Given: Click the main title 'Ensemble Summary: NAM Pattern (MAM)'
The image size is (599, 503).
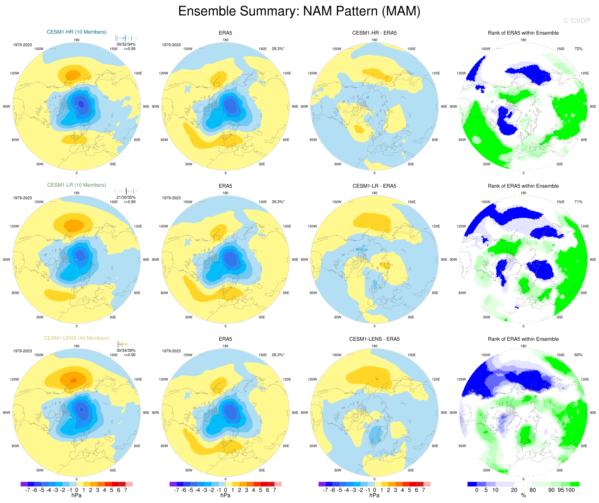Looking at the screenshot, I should [x=299, y=11].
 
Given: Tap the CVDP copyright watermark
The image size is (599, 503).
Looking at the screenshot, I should [x=576, y=20].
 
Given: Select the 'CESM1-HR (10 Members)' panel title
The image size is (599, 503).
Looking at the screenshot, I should [x=76, y=32].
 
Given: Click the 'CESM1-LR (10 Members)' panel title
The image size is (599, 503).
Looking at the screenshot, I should [x=76, y=185].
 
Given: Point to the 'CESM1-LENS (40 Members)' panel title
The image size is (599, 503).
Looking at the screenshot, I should [x=76, y=338].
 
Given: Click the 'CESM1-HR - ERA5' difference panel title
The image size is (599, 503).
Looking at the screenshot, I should [x=374, y=33].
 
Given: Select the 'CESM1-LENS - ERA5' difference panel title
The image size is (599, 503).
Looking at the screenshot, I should [x=374, y=339].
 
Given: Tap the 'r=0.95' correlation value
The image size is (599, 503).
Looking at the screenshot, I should [x=130, y=49].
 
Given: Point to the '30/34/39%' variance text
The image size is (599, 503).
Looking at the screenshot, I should [x=126, y=350].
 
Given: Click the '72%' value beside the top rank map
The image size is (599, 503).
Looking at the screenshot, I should [x=578, y=49].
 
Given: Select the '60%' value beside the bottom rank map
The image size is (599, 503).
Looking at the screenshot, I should [x=578, y=355].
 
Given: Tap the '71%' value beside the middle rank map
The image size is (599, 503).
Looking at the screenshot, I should [x=578, y=202].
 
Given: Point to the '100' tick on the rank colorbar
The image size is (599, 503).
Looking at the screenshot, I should [x=570, y=490].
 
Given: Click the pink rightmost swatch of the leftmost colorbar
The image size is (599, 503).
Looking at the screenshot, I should [x=129, y=484].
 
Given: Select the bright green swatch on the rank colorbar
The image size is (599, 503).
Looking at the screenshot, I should [x=574, y=484].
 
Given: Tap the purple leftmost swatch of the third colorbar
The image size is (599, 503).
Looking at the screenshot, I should [x=322, y=484].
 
